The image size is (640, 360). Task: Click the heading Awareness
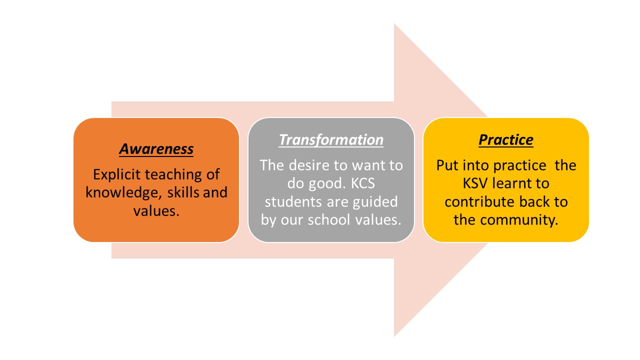click(156, 149)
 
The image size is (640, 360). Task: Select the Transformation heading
click(331, 139)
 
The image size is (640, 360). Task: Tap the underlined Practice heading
click(506, 139)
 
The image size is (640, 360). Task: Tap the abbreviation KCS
click(363, 183)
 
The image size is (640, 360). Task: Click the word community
click(519, 220)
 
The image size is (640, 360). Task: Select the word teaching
click(173, 174)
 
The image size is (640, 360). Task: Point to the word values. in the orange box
click(156, 211)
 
